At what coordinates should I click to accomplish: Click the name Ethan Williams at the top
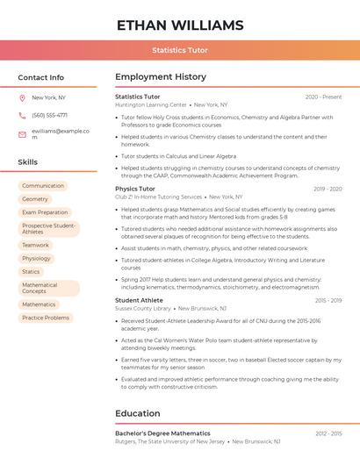[x=180, y=25]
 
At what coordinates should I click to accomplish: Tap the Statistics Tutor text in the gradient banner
[x=180, y=50]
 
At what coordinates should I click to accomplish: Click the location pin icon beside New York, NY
[x=22, y=97]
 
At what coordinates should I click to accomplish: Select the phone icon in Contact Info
[x=22, y=115]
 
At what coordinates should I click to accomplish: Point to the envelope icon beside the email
[x=22, y=134]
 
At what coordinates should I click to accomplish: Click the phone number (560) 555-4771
[x=49, y=115]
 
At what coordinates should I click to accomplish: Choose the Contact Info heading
[x=40, y=77]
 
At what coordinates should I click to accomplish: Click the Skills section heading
[x=27, y=162]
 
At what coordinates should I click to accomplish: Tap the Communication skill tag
[x=43, y=186]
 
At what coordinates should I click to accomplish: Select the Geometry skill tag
[x=35, y=199]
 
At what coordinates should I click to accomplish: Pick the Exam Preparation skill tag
[x=45, y=212]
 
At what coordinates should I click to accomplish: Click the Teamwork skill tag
[x=36, y=245]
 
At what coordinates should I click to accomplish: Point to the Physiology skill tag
[x=37, y=258]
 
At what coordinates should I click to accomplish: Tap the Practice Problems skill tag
[x=46, y=318]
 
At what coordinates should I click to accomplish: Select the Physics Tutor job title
[x=135, y=189]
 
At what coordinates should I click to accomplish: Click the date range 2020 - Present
[x=323, y=97]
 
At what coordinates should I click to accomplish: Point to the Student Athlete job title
[x=139, y=300]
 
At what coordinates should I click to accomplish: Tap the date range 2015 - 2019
[x=328, y=300]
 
